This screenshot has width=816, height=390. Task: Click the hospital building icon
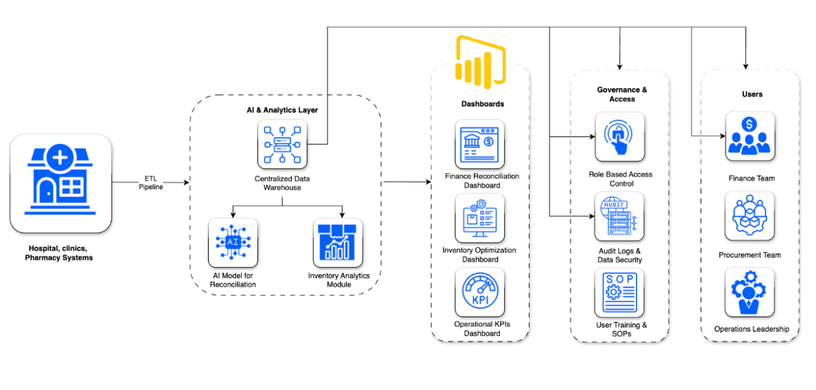click(60, 183)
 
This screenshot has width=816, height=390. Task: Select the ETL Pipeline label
click(150, 183)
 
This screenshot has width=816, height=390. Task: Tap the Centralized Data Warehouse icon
click(282, 144)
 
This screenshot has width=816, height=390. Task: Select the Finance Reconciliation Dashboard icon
click(480, 144)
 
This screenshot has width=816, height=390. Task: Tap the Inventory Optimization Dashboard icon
click(480, 218)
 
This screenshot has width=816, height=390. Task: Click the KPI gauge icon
click(480, 292)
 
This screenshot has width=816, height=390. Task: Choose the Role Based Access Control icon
click(620, 137)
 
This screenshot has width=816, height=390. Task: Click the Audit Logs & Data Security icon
click(620, 216)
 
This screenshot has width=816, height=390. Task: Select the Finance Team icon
click(750, 136)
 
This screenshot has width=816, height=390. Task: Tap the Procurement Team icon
click(750, 216)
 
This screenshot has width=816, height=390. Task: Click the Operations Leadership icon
click(750, 292)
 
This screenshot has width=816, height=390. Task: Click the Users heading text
click(752, 94)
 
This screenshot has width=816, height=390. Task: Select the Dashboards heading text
click(482, 104)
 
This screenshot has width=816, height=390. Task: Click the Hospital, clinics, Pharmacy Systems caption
click(59, 253)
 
